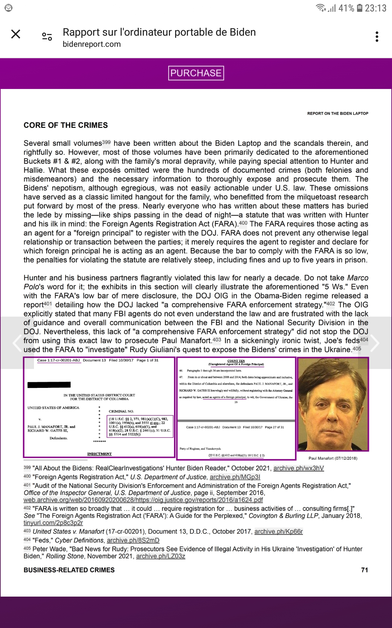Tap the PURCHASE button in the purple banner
196,73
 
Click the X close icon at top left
16,34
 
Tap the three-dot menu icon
377,37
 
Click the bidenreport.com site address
92,44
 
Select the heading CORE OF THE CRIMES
66,125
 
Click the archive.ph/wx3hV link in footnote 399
299,468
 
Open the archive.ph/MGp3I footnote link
235,477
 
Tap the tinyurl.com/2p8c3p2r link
53,523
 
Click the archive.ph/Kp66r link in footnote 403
279,532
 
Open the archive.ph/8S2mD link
133,540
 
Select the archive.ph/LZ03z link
160,556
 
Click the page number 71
365,570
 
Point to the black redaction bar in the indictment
49,385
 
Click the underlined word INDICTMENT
99,454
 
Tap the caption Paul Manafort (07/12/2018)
333,458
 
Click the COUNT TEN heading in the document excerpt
236,361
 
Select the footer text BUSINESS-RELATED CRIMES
69,570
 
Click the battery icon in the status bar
359,8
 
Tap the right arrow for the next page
375,343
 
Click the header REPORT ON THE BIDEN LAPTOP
337,113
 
